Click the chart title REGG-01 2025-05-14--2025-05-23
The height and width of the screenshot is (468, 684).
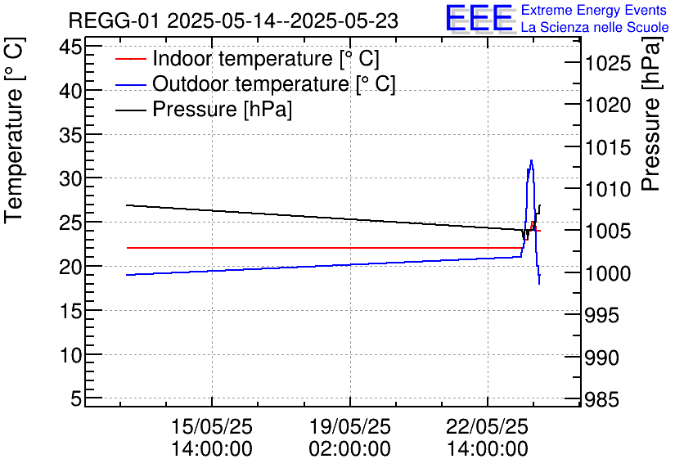233,21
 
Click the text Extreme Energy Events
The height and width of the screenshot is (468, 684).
595,11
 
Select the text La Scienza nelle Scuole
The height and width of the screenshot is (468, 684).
595,28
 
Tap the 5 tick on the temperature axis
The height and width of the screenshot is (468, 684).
75,399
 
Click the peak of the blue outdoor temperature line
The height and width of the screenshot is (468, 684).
532,160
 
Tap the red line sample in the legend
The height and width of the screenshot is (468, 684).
130,60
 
